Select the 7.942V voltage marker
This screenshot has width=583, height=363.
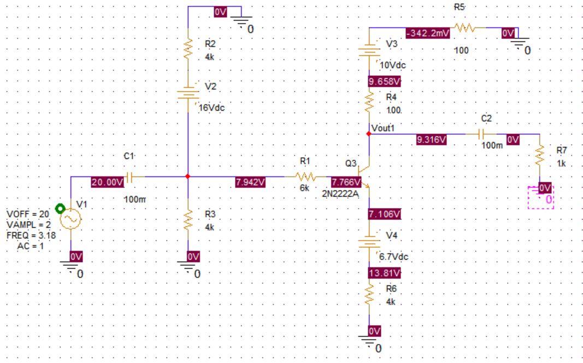(250, 182)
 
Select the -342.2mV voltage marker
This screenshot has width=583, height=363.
(427, 34)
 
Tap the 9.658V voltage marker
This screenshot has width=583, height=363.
(385, 82)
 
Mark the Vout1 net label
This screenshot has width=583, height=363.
(382, 127)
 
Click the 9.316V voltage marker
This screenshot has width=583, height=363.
(432, 140)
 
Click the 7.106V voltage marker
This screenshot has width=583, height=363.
(385, 215)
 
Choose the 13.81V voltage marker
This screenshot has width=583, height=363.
(385, 272)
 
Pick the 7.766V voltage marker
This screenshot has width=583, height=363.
(346, 182)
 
